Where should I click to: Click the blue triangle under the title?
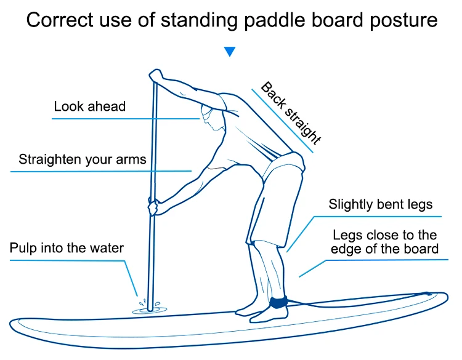point(230,52)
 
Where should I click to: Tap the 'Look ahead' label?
point(90,106)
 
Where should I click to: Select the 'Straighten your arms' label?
point(83,159)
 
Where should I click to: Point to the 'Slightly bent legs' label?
point(380,204)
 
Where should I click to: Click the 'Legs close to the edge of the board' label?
point(385,242)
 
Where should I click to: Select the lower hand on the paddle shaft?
point(153,207)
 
